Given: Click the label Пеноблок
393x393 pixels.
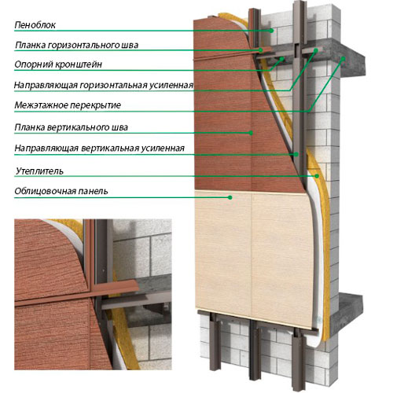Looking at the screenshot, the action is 35,25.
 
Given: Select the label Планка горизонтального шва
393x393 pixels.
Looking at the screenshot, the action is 76,45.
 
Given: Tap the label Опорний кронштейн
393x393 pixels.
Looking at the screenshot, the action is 58,64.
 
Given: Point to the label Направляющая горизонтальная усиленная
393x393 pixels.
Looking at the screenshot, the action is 104,85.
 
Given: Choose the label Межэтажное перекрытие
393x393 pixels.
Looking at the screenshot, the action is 68,105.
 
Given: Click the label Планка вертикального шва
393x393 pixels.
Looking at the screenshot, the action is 72,127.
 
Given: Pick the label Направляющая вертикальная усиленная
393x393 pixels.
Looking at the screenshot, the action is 100,149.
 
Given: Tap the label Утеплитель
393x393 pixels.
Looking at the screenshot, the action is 39,171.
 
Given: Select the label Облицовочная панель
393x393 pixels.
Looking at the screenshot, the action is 61,191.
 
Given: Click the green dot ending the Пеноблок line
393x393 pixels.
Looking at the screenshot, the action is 272,31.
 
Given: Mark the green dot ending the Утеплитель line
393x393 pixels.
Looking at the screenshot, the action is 317,176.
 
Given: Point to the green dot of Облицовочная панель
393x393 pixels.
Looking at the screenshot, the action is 230,197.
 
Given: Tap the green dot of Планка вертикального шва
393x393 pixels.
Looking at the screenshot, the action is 251,133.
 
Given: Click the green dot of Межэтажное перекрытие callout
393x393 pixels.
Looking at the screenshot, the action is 343,59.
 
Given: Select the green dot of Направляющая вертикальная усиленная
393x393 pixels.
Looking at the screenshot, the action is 296,154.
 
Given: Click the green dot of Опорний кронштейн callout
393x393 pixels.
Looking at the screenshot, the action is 282,59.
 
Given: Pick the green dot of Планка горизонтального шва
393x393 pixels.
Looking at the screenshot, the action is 261,50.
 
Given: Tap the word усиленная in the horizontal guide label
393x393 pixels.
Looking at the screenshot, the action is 171,86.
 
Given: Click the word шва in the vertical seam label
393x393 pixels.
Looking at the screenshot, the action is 120,127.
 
